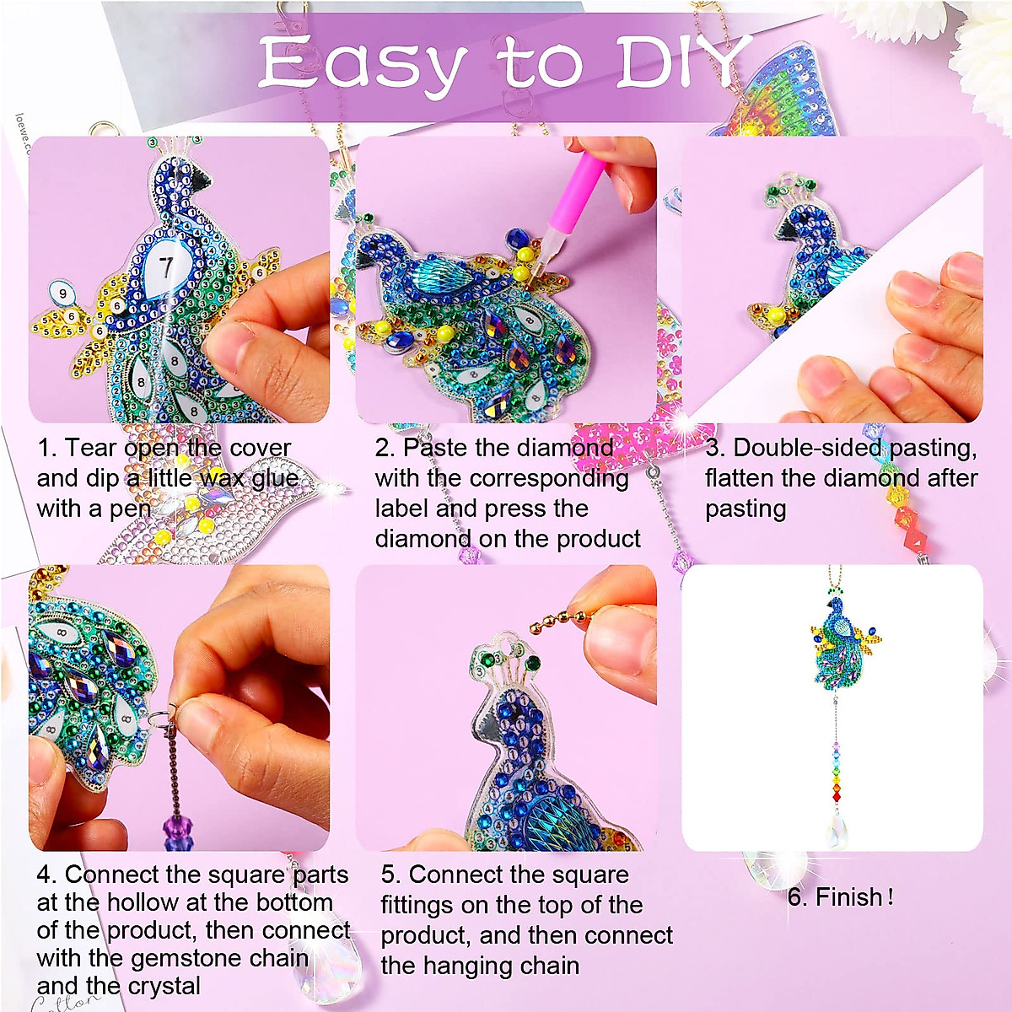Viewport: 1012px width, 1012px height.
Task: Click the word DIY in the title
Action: pos(681,63)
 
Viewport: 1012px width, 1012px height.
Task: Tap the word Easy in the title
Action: pos(363,65)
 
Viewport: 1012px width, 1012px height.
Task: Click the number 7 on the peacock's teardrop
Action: pos(166,267)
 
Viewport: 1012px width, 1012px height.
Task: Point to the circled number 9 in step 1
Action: pos(62,293)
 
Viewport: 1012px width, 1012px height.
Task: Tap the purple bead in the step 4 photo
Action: pos(175,831)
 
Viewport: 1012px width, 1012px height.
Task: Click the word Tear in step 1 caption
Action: pos(90,448)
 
